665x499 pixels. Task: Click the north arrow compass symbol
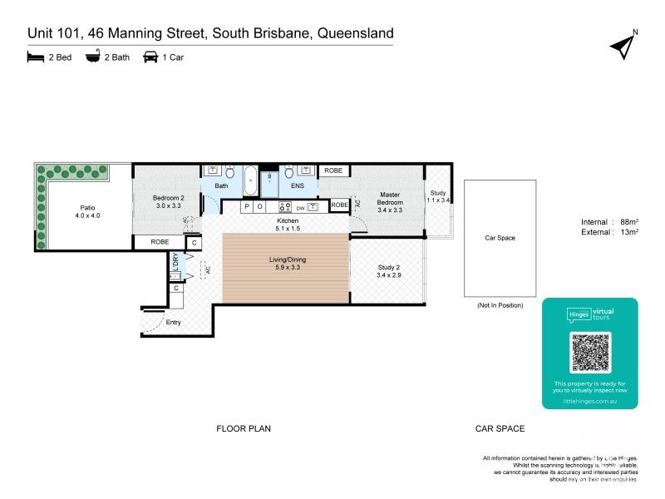click(x=623, y=47)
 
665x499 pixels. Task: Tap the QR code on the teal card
click(x=590, y=352)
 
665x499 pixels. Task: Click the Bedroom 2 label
click(x=168, y=200)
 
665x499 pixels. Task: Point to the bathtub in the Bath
click(x=249, y=176)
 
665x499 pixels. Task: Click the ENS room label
click(x=296, y=186)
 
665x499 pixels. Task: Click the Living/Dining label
click(x=286, y=264)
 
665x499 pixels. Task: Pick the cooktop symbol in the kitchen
click(x=284, y=206)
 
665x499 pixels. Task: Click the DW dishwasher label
click(x=298, y=207)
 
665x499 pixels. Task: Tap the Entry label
click(x=174, y=322)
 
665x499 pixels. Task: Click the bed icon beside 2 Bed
click(x=35, y=57)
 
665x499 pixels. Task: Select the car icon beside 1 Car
click(x=150, y=57)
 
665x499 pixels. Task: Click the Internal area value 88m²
click(x=630, y=221)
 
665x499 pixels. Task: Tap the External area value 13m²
click(x=630, y=232)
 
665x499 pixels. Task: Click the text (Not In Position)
click(x=500, y=305)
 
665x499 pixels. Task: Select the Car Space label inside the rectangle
click(x=500, y=238)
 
